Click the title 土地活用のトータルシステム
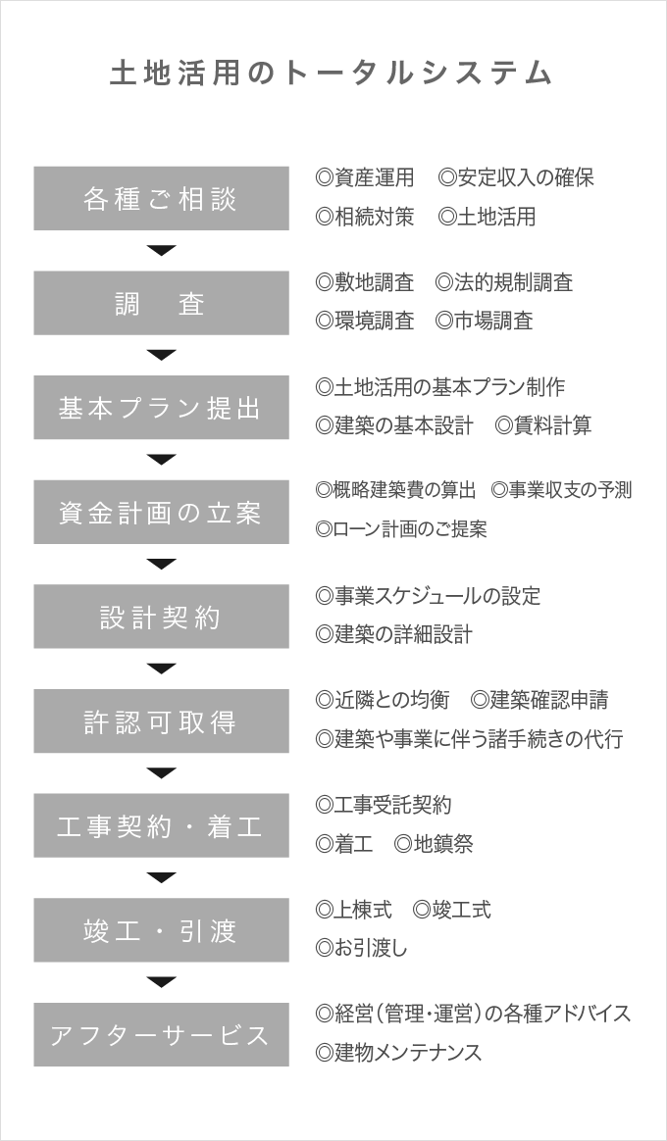coord(332,74)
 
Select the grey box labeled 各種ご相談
coord(161,199)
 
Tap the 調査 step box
coord(161,303)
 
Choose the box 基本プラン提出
coord(161,408)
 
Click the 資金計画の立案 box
coord(161,512)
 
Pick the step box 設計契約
coord(161,617)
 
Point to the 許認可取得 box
coord(161,721)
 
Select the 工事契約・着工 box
coord(161,825)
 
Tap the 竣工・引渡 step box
coord(161,930)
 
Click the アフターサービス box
coord(161,1034)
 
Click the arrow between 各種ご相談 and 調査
coord(161,250)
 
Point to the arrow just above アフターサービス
coord(161,982)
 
